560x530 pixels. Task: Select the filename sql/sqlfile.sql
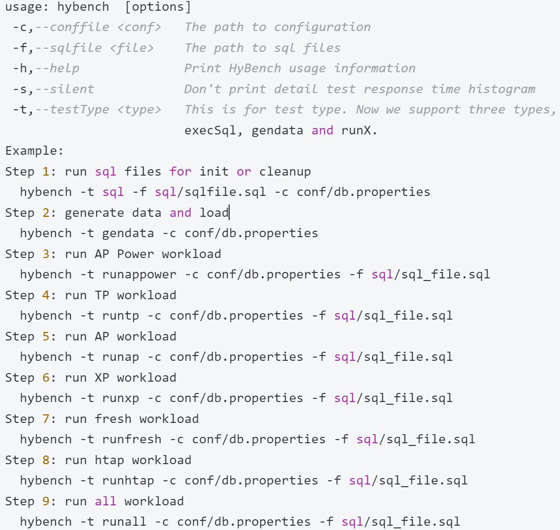(210, 192)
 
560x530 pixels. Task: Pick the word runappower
(139, 275)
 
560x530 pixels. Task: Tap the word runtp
(120, 316)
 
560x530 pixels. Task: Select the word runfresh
(132, 440)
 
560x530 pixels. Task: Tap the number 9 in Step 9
(46, 502)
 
